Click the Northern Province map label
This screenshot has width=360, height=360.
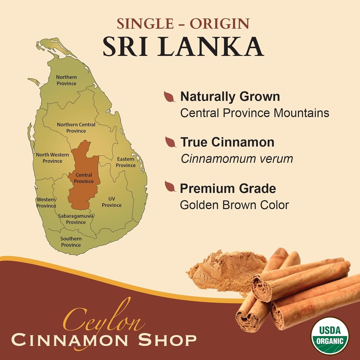(x=66, y=80)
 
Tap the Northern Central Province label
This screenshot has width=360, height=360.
(x=76, y=128)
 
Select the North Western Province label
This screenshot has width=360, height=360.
(x=52, y=158)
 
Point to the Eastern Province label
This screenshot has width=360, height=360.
(x=126, y=162)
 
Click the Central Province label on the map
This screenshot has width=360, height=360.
(x=84, y=178)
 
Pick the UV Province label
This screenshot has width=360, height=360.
(x=112, y=202)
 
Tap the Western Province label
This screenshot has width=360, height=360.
(x=46, y=203)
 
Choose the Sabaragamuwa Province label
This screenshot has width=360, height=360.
(x=76, y=219)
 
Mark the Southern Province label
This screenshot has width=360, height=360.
(x=71, y=242)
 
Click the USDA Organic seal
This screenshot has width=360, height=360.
(x=330, y=336)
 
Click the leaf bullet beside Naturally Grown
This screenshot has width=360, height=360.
(x=169, y=97)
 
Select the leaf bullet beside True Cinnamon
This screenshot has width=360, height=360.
(x=171, y=142)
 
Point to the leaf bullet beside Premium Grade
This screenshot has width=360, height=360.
(x=170, y=187)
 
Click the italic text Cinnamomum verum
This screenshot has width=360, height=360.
(x=237, y=159)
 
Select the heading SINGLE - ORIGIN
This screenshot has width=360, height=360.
(x=183, y=24)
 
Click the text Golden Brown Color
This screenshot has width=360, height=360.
(x=234, y=205)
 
